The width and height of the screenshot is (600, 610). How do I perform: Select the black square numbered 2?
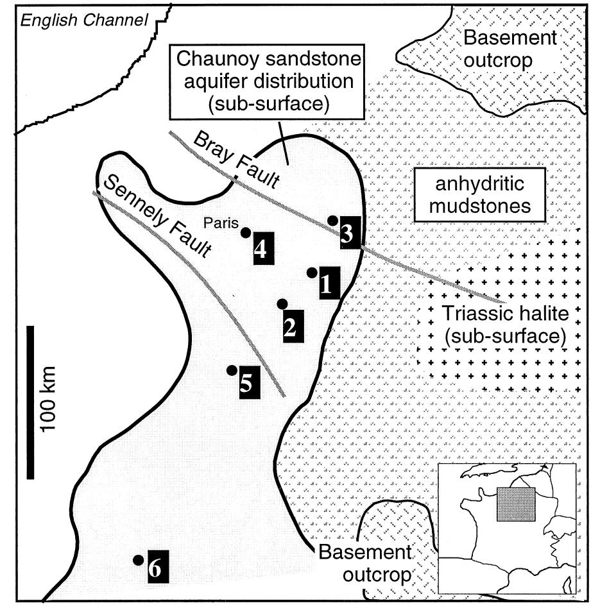pos(290,326)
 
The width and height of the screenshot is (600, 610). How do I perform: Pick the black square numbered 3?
pos(347,233)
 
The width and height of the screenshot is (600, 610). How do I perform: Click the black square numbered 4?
pos(260,248)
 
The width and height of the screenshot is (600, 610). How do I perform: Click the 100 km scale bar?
pos(31,402)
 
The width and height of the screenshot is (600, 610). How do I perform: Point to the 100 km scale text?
pos(49,400)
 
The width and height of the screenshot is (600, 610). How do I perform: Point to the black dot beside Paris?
pos(245,232)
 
